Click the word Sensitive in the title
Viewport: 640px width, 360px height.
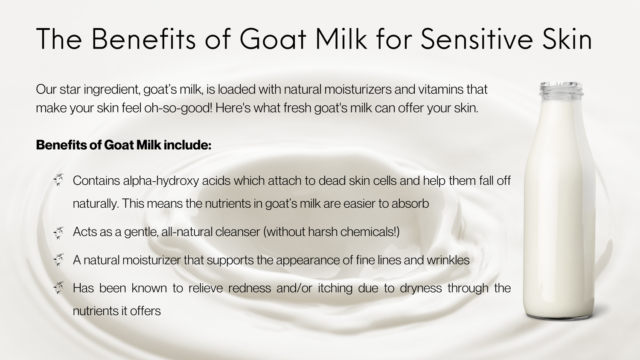[x=477, y=39]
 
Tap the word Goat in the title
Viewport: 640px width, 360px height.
[x=273, y=39]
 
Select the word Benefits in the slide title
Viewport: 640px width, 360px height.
[x=143, y=39]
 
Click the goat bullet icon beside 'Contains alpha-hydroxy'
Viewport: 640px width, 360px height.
[x=59, y=180]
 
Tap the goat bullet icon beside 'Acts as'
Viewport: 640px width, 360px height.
[x=59, y=233]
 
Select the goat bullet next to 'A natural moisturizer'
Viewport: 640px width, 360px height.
[x=59, y=260]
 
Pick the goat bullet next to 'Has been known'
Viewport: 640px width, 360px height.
[x=59, y=288]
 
